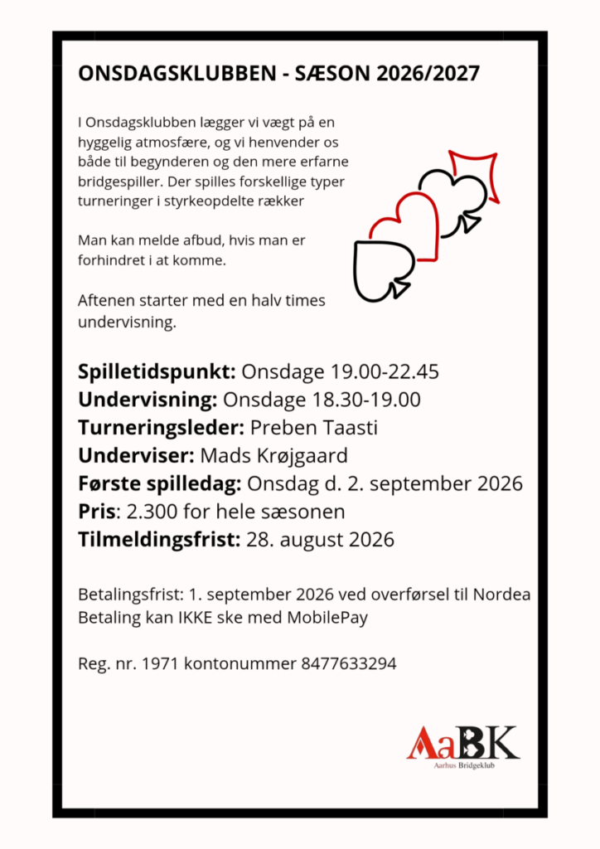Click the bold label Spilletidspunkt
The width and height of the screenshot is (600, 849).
157,371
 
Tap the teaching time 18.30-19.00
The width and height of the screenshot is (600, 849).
365,400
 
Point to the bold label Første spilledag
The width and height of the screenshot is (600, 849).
159,483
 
